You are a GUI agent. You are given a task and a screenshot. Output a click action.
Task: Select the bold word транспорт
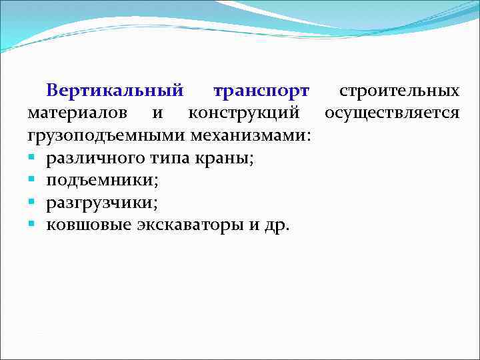[261, 91]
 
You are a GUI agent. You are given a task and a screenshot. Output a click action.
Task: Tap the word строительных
[399, 91]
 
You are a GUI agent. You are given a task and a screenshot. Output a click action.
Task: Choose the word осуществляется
[392, 113]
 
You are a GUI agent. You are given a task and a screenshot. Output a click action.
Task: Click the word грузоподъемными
[107, 136]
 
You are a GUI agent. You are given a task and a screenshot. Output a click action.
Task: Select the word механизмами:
[251, 136]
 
